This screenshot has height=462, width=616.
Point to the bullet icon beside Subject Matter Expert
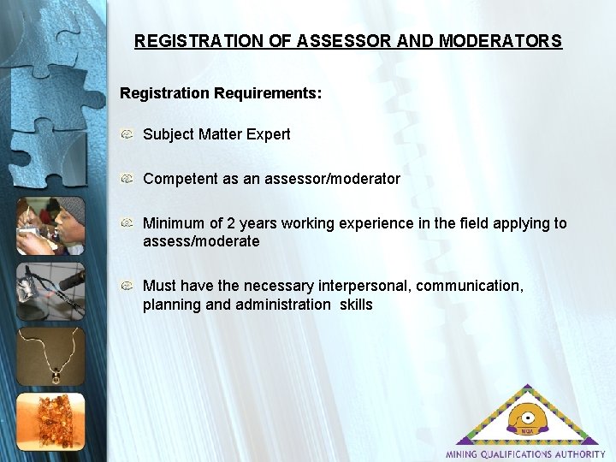tap(127, 134)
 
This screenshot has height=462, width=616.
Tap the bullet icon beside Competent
tap(127, 179)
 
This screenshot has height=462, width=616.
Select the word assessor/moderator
tap(329, 179)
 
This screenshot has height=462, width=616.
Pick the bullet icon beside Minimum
tap(127, 223)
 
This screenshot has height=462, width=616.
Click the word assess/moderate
tap(201, 242)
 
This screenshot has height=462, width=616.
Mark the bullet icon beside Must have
tap(127, 286)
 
